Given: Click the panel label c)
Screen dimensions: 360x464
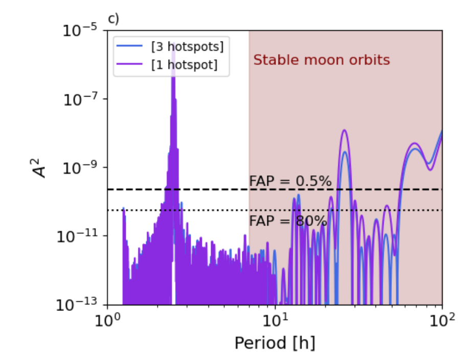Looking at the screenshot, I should coord(113,19).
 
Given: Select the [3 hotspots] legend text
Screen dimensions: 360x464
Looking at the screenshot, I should coord(187,47).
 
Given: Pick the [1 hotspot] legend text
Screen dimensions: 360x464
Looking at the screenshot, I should coord(183,65).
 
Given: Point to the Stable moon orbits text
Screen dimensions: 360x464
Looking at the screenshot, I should coord(321,60).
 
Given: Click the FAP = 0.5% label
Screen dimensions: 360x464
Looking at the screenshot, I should coord(290,182).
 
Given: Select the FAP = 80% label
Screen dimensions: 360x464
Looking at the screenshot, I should coord(288,221).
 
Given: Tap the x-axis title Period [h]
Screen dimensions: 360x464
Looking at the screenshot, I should coord(274,343).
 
